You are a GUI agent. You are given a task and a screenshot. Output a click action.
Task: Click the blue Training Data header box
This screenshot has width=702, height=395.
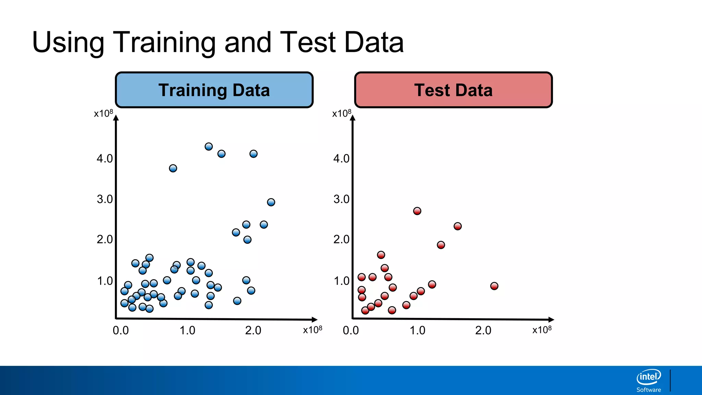pos(214,90)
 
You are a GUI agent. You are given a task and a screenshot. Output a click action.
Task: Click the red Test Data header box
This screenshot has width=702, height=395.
pos(453,90)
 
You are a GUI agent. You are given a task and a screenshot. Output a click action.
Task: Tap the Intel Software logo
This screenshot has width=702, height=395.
pos(649,380)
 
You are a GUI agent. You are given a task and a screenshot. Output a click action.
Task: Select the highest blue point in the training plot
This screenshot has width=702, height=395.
pos(208,146)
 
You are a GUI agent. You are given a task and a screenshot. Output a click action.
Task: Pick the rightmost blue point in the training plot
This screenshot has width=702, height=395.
pos(271,202)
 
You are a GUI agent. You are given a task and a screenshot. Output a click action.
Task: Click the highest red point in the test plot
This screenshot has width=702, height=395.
pos(417,211)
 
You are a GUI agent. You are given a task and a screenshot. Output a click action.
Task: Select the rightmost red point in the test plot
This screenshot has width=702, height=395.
pos(494,286)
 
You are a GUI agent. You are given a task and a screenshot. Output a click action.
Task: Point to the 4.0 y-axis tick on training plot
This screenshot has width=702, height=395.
pos(105,158)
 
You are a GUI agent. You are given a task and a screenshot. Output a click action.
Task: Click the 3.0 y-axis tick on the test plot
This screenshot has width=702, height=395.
pos(341,199)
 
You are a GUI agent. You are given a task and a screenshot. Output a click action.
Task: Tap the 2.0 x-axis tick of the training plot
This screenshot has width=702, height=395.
pos(253,330)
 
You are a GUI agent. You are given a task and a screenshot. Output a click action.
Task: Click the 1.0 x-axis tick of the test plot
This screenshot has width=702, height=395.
pos(417,330)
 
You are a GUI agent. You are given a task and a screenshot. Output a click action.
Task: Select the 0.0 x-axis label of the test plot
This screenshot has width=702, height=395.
pos(351,330)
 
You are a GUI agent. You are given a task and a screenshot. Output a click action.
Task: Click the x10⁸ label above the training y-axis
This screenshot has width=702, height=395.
pos(103,113)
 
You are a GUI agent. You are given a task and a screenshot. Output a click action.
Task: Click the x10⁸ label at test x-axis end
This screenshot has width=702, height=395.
pos(542,330)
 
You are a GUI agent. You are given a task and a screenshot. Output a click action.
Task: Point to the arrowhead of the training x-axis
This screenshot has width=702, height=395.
pos(314,319)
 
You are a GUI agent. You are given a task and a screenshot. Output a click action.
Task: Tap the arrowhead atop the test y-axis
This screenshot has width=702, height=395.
pos(352,118)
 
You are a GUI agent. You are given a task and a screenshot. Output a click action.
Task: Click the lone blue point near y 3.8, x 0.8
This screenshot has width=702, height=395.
pos(173,168)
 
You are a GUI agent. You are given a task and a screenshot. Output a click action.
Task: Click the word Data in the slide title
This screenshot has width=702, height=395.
pos(374,43)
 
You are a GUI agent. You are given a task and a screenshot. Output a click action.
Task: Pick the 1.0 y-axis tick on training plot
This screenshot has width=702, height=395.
pos(105,281)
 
